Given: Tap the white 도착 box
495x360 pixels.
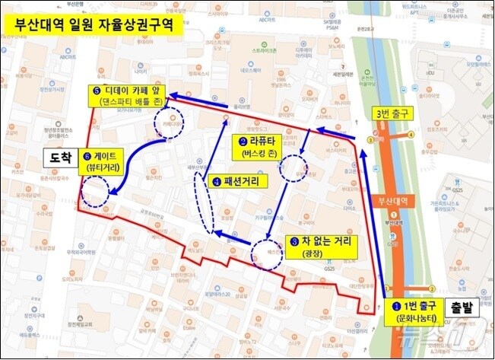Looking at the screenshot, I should click(58, 159).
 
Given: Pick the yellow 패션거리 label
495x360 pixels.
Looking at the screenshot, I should click(236, 183).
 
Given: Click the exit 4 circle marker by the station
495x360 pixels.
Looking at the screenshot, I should click(411, 135).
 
